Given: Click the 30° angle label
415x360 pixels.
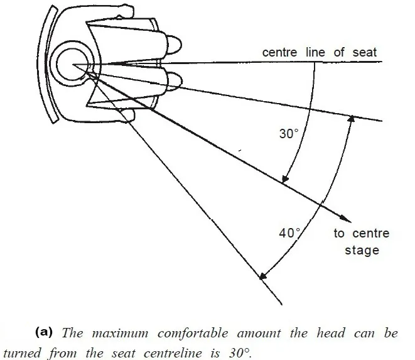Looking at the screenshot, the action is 289,134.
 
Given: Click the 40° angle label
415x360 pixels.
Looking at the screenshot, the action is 289,233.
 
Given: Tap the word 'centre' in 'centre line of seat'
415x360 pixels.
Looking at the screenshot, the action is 279,52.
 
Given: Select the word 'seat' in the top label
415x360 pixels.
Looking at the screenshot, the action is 364,52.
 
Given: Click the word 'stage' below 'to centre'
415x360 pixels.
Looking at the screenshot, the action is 362,250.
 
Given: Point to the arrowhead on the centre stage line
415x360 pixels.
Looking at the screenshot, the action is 345,218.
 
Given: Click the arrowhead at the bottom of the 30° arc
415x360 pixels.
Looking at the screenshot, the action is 285,179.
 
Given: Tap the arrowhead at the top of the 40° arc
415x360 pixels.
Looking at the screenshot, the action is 351,119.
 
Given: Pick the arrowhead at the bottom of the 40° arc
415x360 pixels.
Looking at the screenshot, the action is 262,276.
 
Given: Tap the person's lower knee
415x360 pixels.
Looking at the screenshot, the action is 175,81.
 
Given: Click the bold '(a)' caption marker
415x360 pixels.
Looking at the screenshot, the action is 44,332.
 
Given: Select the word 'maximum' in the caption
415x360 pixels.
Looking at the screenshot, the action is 120,333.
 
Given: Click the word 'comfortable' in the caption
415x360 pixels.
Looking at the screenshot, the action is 193,333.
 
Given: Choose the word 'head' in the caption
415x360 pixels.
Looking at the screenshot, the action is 331,333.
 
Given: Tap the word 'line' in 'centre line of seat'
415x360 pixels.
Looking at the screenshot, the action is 315,52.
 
